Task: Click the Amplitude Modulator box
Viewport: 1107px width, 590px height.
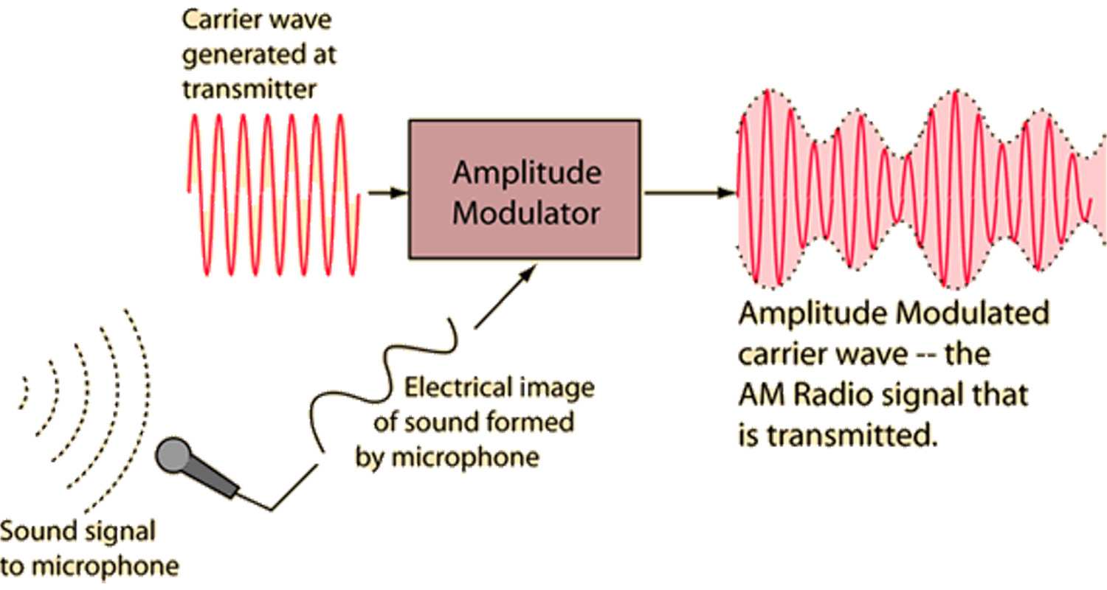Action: [x=525, y=189]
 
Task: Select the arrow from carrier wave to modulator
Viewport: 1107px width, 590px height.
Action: [x=388, y=193]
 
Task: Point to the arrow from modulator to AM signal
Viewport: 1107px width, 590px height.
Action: [x=691, y=193]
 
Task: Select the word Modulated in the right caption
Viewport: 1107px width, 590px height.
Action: [x=972, y=313]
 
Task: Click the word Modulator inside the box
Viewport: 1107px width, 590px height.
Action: [x=525, y=213]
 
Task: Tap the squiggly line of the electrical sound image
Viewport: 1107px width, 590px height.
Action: [x=384, y=376]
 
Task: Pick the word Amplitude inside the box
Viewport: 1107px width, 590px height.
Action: [x=525, y=174]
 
